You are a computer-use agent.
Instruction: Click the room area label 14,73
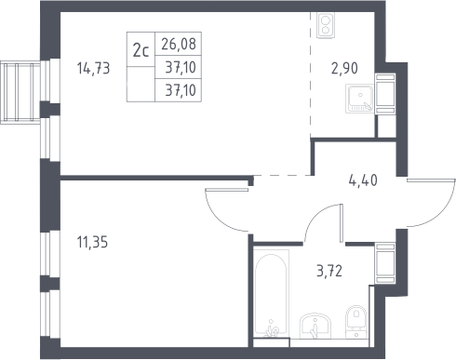[93, 68]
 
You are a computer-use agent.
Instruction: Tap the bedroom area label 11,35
[92, 242]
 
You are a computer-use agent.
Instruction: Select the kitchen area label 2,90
[344, 68]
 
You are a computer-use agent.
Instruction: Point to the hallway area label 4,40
[363, 180]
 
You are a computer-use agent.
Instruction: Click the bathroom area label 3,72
[329, 271]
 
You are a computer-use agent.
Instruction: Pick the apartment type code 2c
[141, 50]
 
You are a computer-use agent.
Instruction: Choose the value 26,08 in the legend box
[179, 44]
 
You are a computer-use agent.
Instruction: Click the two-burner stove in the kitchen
[326, 26]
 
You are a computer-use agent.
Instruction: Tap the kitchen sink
[360, 98]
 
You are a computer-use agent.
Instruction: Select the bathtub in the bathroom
[271, 293]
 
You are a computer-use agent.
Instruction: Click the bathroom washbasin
[315, 326]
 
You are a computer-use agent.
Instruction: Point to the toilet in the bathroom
[356, 322]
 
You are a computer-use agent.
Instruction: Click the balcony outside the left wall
[20, 92]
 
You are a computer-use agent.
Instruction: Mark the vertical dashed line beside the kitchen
[311, 74]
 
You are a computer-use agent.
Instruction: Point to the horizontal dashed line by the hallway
[282, 176]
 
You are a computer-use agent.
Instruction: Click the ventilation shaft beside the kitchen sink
[385, 94]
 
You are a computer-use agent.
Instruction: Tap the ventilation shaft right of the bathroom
[385, 263]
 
